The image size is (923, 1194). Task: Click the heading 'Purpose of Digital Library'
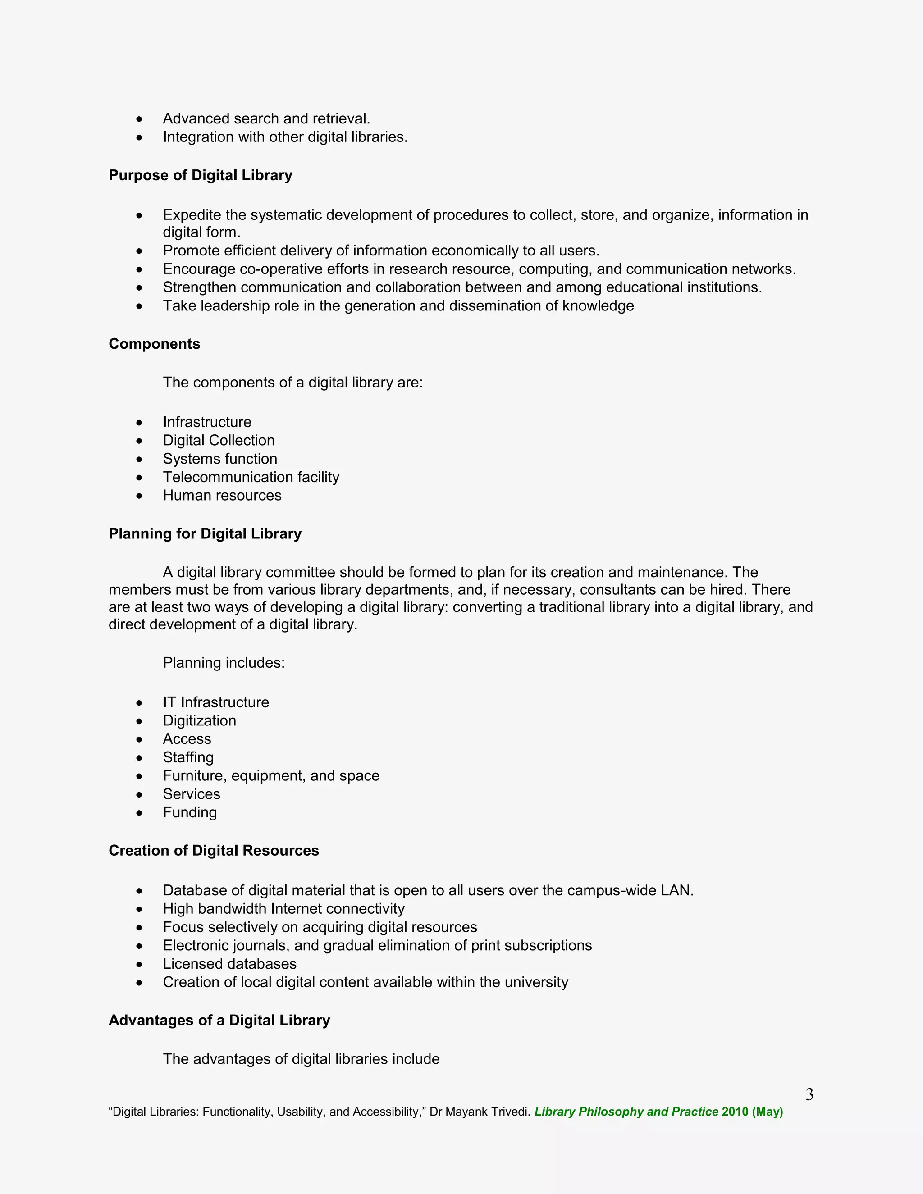(200, 175)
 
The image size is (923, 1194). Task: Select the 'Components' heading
(154, 344)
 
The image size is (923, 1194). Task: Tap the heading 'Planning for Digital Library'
(205, 533)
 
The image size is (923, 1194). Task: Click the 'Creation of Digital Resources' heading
(214, 851)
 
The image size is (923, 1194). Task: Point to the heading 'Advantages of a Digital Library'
(219, 1020)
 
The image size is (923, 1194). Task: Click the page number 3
(809, 1094)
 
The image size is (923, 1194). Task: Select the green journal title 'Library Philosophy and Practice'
(626, 1112)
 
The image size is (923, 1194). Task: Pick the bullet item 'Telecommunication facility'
(251, 477)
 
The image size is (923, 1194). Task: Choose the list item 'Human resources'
(222, 495)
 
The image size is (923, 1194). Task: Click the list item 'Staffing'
(188, 757)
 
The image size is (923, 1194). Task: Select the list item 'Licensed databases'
(230, 964)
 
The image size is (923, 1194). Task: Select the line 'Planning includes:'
(224, 663)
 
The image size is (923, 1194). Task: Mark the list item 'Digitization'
(200, 720)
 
